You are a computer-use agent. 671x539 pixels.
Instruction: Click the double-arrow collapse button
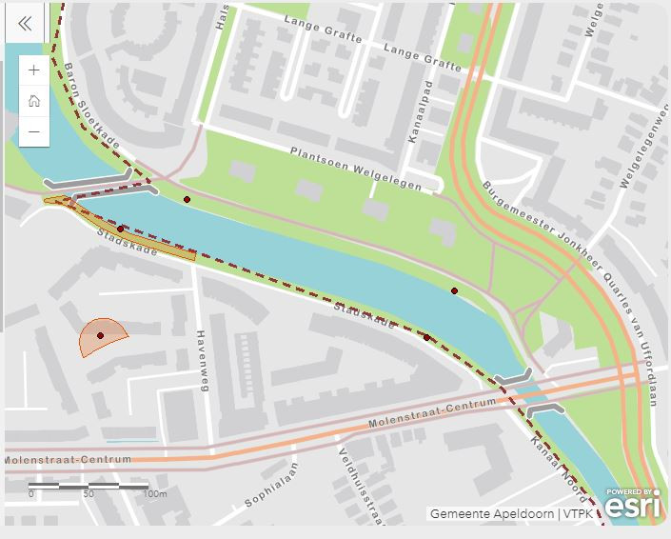click(x=24, y=23)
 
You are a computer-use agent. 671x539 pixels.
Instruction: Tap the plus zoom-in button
click(x=34, y=70)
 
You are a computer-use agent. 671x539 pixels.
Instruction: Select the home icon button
click(x=34, y=100)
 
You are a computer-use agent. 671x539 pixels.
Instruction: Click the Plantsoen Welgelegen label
click(x=355, y=169)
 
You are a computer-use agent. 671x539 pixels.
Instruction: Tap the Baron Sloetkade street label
click(x=92, y=105)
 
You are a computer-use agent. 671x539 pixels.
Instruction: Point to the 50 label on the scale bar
click(x=89, y=494)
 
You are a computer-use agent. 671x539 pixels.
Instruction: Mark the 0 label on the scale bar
click(x=30, y=494)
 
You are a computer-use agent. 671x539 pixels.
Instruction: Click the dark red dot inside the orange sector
click(x=100, y=335)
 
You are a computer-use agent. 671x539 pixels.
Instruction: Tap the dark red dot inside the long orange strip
click(x=120, y=230)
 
